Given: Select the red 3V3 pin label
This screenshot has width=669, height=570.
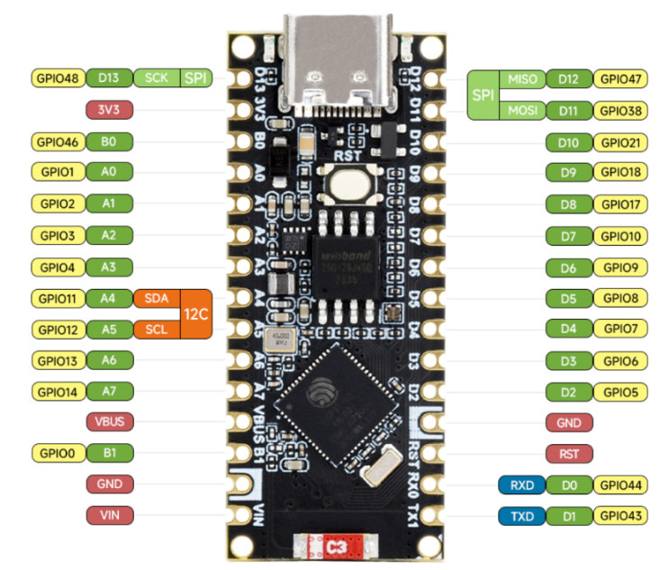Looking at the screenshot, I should point(109,110).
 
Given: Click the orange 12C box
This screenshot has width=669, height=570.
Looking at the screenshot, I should point(196,313).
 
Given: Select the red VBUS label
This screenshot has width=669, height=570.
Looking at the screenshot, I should point(109,421).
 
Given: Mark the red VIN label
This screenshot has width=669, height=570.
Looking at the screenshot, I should point(109,515).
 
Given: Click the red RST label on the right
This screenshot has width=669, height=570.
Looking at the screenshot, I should point(569,453).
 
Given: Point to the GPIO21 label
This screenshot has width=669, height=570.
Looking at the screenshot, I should point(620,142).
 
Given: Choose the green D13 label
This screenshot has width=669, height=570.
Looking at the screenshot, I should point(109,78).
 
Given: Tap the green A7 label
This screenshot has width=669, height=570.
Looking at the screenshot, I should point(109,392).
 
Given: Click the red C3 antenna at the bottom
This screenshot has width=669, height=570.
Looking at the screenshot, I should point(336,546).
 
